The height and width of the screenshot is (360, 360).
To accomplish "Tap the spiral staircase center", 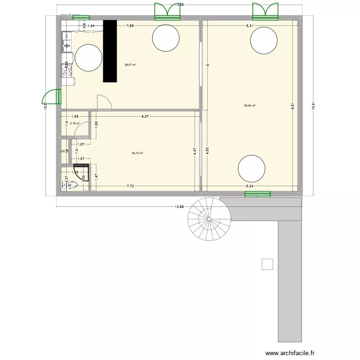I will (x=209, y=219).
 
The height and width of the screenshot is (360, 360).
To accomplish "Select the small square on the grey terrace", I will (x=267, y=264).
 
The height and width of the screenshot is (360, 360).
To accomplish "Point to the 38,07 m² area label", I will (x=130, y=65).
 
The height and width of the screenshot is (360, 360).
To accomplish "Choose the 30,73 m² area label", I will (x=137, y=153).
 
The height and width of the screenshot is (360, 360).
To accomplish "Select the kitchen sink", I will (x=66, y=42).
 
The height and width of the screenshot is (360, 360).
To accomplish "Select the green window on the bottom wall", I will (x=257, y=194).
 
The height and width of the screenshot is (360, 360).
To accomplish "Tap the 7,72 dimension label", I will (x=130, y=185).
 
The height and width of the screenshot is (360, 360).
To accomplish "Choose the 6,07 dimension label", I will (x=145, y=116).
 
